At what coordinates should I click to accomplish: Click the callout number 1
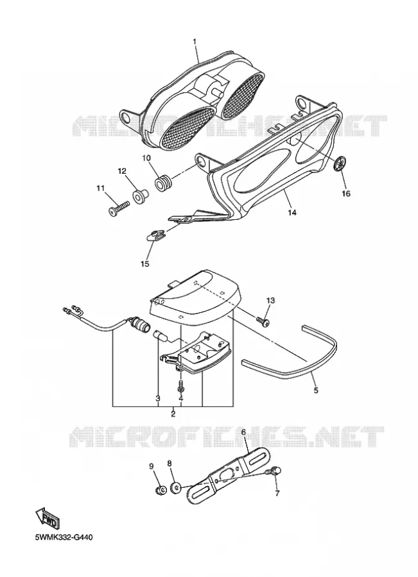point(195,42)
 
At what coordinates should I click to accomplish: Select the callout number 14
point(292,213)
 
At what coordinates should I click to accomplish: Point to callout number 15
point(145,264)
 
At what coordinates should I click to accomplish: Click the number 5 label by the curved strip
point(316,390)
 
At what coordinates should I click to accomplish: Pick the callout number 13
point(270,301)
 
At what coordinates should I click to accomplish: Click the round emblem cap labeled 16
point(340,163)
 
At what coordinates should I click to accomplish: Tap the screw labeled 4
point(180,386)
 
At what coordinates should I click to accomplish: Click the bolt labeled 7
point(275,471)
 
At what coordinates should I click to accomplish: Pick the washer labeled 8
point(176,489)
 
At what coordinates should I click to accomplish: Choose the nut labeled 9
point(160,490)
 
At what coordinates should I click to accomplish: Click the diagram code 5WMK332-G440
point(64,538)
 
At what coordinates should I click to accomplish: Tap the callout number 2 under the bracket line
point(173,414)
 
